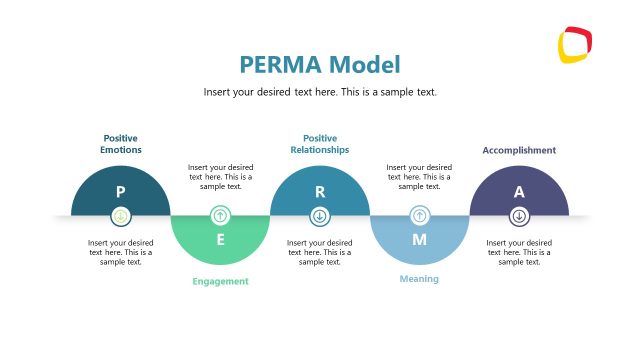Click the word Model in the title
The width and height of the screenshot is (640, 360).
(x=364, y=66)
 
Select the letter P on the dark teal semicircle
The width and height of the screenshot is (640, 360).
(x=120, y=191)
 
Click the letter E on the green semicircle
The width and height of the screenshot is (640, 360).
(x=220, y=240)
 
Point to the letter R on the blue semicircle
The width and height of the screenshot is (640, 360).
(x=320, y=191)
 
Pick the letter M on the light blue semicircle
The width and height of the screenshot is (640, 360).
(x=419, y=240)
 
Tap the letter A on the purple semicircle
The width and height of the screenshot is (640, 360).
(x=519, y=191)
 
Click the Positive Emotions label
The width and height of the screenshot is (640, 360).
(x=120, y=143)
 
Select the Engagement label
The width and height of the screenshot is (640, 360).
(x=220, y=281)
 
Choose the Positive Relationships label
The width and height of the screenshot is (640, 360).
(x=320, y=143)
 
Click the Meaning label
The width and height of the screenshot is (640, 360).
(x=419, y=279)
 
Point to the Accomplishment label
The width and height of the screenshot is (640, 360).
(x=519, y=150)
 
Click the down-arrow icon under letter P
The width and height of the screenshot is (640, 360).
(x=120, y=215)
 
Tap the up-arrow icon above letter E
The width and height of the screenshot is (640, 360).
(x=220, y=215)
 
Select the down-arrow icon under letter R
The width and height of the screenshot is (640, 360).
(x=320, y=215)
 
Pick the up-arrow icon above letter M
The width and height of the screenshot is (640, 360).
(x=419, y=215)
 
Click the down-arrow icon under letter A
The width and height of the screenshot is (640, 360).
(x=519, y=215)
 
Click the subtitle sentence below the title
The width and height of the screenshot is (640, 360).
(x=320, y=92)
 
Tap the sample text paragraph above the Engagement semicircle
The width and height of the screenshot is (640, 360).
(x=220, y=177)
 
